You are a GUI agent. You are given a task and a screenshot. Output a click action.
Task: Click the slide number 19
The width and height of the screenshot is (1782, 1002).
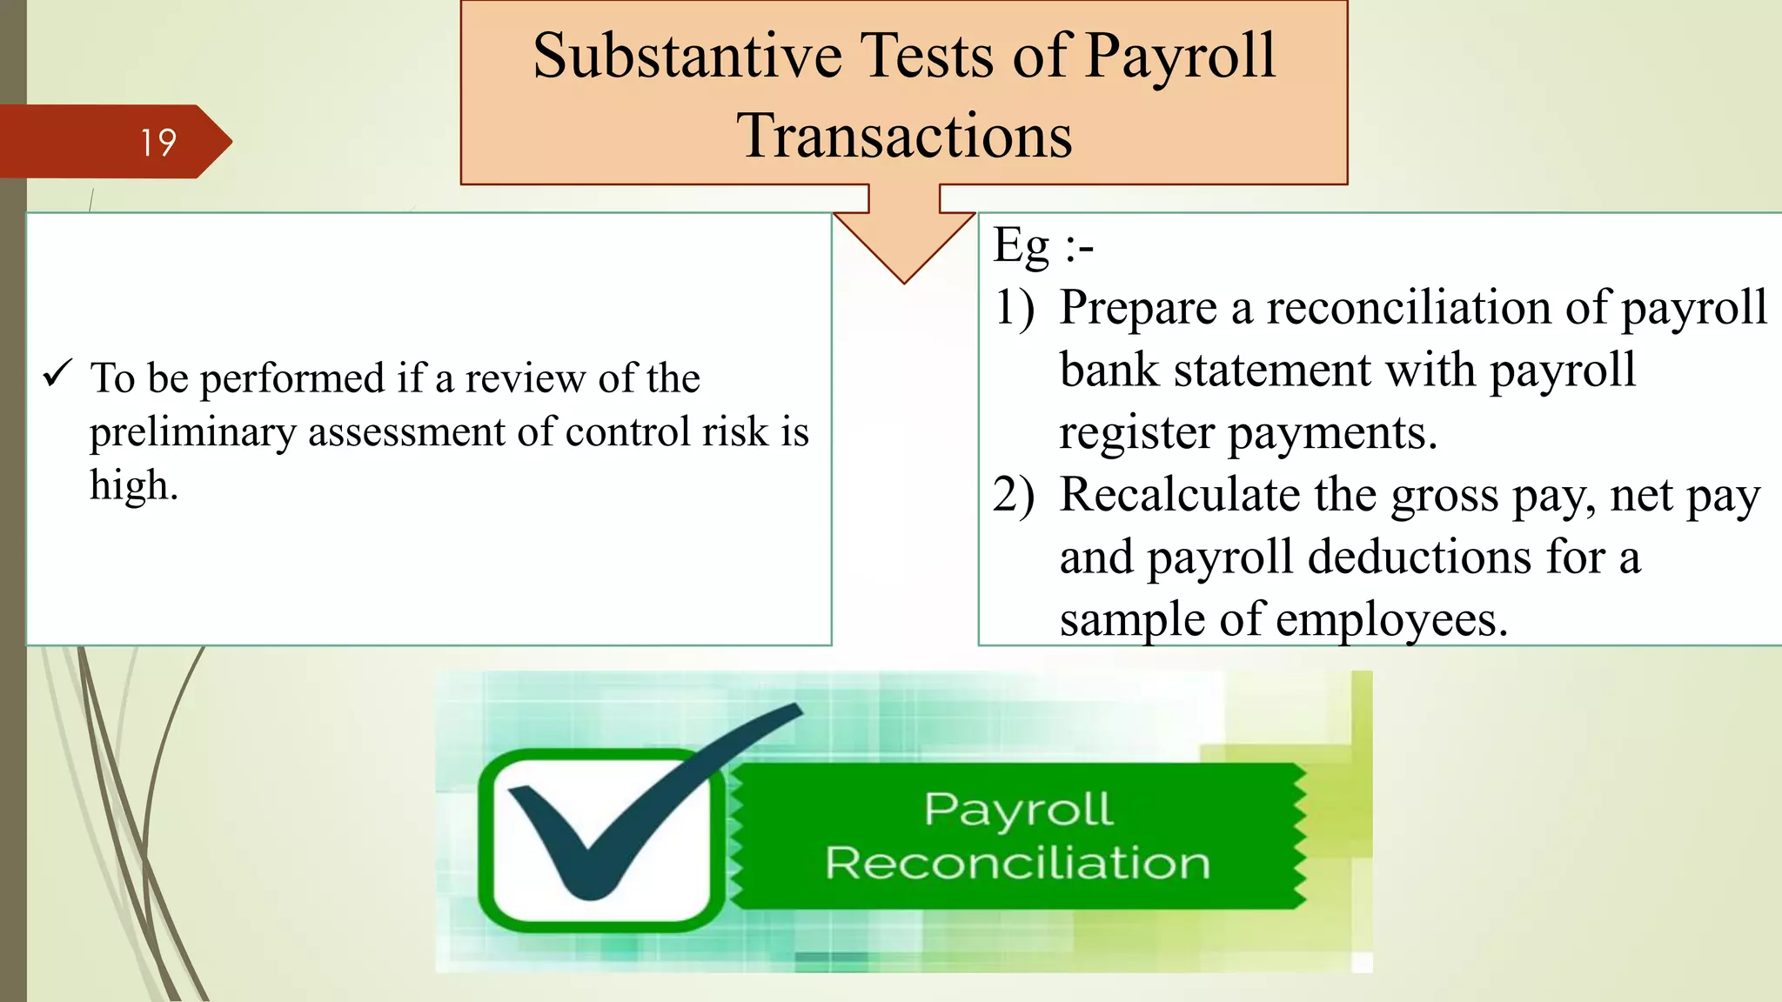click(x=158, y=143)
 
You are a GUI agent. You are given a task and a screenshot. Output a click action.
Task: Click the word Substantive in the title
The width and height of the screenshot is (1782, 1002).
click(x=687, y=57)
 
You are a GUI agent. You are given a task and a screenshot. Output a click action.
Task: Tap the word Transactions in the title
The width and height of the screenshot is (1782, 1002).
click(x=904, y=137)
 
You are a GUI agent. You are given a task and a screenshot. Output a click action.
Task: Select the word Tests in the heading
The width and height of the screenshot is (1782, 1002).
click(x=928, y=57)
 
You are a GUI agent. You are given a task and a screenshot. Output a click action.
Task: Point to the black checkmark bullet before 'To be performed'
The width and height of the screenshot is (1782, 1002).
click(x=58, y=374)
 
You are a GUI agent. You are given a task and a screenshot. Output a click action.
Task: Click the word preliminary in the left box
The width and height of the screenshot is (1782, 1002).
click(x=192, y=433)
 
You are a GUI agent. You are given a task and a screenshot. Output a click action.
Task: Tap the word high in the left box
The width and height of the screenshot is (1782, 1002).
click(x=131, y=485)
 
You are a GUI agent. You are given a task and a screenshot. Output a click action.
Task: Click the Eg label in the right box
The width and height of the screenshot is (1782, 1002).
click(x=1022, y=246)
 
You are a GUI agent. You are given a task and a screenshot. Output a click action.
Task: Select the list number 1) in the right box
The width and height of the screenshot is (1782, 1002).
click(x=1015, y=308)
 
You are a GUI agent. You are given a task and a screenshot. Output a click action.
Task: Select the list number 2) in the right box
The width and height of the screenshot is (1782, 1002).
click(x=1015, y=495)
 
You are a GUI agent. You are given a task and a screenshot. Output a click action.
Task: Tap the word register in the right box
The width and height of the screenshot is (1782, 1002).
click(x=1136, y=433)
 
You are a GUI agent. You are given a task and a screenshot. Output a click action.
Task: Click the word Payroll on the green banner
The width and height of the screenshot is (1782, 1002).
click(x=1018, y=809)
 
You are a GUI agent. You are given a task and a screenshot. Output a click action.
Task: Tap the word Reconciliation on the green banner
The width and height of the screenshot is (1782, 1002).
click(x=1017, y=863)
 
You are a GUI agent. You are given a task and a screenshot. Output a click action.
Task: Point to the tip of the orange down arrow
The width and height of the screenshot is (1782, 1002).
click(x=904, y=280)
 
